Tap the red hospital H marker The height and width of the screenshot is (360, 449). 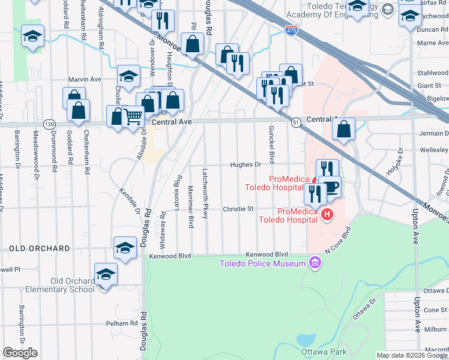point(327,214)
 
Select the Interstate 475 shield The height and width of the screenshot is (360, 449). point(291,30)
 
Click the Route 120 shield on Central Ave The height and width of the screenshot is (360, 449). point(49,124)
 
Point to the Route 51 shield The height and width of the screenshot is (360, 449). point(296,122)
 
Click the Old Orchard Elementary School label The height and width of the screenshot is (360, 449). point(60,285)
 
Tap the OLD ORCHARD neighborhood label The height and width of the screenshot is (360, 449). point(39,248)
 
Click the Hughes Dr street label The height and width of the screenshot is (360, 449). point(246,164)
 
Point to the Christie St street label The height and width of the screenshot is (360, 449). point(238,209)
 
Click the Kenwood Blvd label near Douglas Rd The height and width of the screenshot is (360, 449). point(170,256)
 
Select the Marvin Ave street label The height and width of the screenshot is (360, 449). point(85,79)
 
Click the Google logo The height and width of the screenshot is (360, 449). point(20,353)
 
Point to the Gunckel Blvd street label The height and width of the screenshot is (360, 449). point(271,148)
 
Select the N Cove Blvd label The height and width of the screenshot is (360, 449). point(337,239)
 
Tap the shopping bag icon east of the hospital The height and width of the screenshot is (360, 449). point(343,129)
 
